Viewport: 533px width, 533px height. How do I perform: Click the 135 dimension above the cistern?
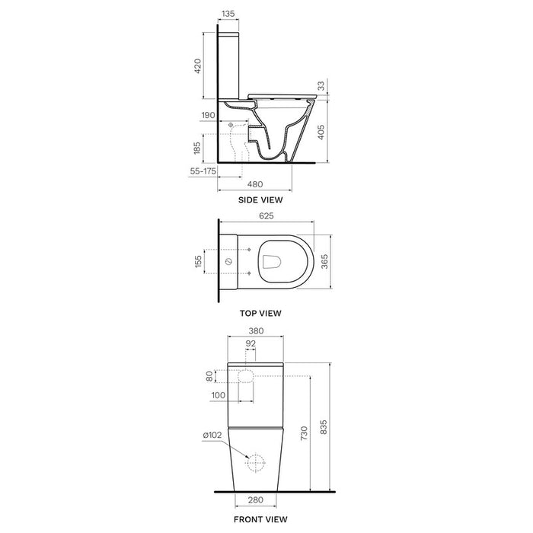tap(228, 14)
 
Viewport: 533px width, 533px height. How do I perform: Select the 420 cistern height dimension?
tap(197, 66)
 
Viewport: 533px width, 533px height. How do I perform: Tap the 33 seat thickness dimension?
tap(321, 86)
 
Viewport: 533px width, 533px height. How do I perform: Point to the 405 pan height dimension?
tap(321, 132)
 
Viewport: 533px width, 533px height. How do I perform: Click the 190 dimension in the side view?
tap(208, 115)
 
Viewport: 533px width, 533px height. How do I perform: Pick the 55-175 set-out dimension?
tap(203, 171)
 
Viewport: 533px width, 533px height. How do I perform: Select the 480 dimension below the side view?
tap(254, 184)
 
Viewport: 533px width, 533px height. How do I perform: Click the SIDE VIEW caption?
tap(260, 199)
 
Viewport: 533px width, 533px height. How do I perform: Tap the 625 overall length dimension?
tap(266, 215)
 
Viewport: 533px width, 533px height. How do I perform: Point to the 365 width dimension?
tap(324, 262)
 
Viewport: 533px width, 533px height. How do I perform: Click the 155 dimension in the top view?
tap(198, 261)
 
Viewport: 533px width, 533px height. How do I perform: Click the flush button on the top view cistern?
tap(228, 261)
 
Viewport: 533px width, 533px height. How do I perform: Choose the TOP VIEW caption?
tap(260, 313)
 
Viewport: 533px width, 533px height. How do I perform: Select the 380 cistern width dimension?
tap(256, 330)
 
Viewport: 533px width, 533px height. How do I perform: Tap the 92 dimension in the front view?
tap(251, 343)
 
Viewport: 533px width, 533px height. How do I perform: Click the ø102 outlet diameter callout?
tap(212, 435)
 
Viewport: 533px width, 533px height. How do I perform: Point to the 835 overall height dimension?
tap(324, 427)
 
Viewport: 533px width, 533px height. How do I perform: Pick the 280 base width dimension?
tap(256, 499)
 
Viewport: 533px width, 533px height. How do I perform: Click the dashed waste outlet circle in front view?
tap(256, 463)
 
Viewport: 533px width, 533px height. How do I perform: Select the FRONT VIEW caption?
tap(260, 519)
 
